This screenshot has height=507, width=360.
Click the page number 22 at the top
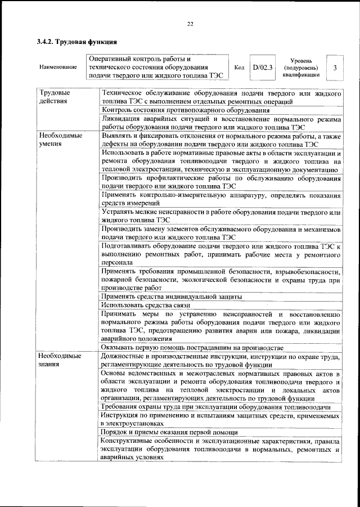click(190, 23)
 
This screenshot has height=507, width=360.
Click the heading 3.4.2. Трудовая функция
click(76, 42)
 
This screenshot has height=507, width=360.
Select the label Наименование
click(58, 68)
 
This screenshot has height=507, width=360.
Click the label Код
click(238, 68)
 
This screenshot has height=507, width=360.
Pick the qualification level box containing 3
click(335, 68)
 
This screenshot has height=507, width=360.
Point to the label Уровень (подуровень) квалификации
click(305, 68)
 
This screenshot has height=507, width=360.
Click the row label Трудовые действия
click(55, 97)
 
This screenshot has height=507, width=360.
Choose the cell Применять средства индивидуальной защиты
click(172, 296)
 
